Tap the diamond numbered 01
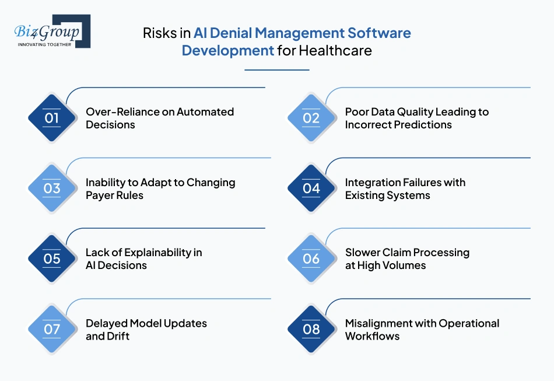coord(52,118)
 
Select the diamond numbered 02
coord(311,118)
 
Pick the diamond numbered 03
coord(52,188)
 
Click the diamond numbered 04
coord(311,188)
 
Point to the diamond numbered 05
coord(52,258)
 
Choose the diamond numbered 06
coord(311,258)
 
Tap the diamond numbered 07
coord(52,329)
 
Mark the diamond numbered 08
coord(311,329)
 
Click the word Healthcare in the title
coord(335,50)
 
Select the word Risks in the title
coord(160,33)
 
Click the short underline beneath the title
coord(276,70)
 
